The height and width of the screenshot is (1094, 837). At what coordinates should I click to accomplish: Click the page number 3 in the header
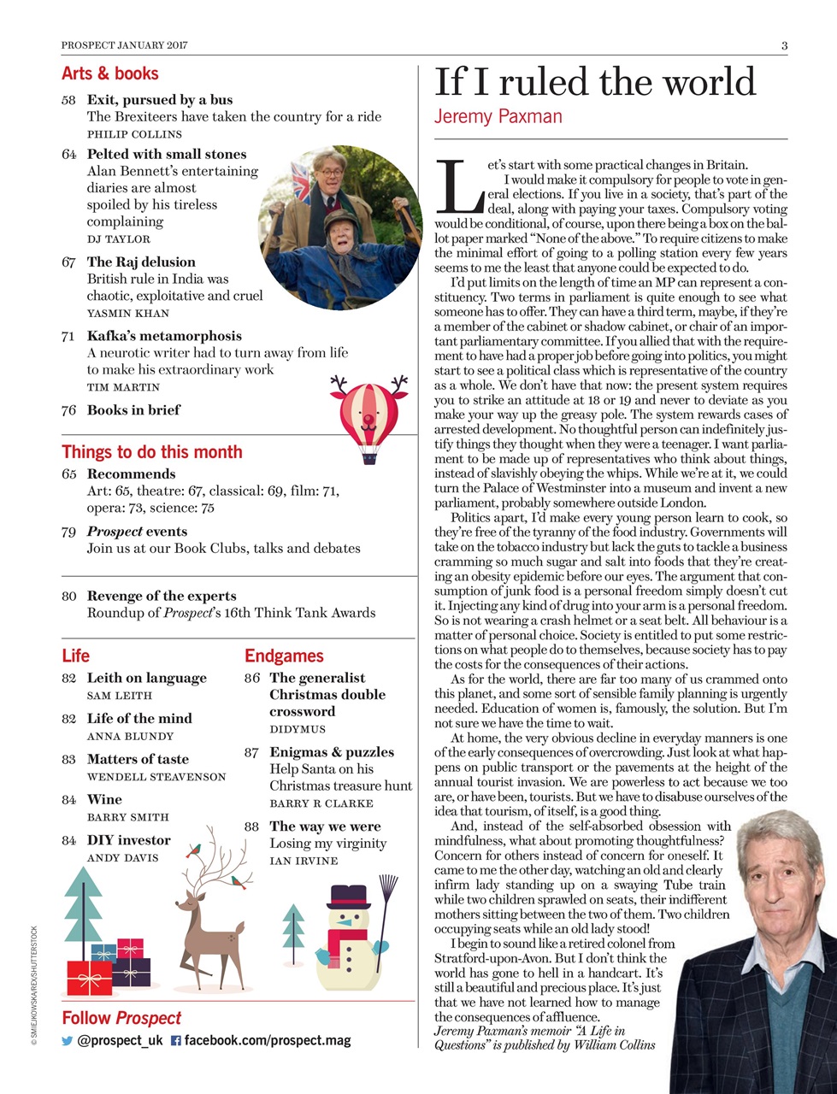(x=783, y=45)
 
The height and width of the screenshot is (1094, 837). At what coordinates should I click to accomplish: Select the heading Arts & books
(x=109, y=74)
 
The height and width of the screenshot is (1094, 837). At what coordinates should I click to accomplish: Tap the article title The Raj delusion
(x=141, y=262)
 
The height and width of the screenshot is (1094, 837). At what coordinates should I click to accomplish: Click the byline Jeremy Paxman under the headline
(x=498, y=116)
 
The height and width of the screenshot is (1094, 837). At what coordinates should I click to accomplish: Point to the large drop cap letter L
(x=458, y=186)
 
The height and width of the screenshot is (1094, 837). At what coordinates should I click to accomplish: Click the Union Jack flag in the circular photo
(x=304, y=179)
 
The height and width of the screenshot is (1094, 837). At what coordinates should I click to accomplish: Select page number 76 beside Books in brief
(x=69, y=410)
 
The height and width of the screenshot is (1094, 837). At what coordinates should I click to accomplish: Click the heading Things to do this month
(x=152, y=452)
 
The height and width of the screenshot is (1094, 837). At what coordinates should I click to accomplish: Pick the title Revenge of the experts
(x=162, y=596)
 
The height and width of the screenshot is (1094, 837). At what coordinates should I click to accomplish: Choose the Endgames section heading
(x=284, y=656)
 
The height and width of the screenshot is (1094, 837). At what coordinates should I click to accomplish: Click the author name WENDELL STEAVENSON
(x=156, y=777)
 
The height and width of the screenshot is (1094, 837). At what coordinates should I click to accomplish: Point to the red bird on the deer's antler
(x=193, y=850)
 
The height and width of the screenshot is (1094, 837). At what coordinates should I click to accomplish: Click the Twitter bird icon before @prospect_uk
(x=68, y=1042)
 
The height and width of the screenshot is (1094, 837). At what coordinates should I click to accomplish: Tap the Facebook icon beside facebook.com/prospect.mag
(x=176, y=1042)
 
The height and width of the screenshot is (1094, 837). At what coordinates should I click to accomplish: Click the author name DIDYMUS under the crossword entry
(x=298, y=729)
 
